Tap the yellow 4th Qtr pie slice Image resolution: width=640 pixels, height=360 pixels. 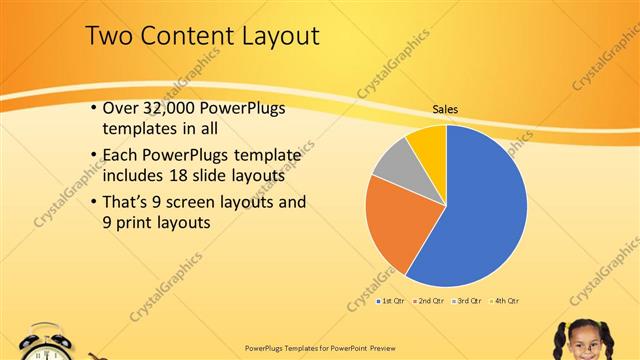428,143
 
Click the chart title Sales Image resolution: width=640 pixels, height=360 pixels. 445,110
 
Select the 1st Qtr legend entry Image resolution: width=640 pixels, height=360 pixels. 391,300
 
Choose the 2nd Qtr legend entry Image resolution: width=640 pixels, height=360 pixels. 429,300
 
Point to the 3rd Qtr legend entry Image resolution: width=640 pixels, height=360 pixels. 467,300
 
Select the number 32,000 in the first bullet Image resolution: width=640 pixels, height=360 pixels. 165,107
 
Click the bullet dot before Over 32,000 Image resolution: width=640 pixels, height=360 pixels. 93,107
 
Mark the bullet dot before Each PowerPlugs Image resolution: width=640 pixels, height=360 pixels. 93,155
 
